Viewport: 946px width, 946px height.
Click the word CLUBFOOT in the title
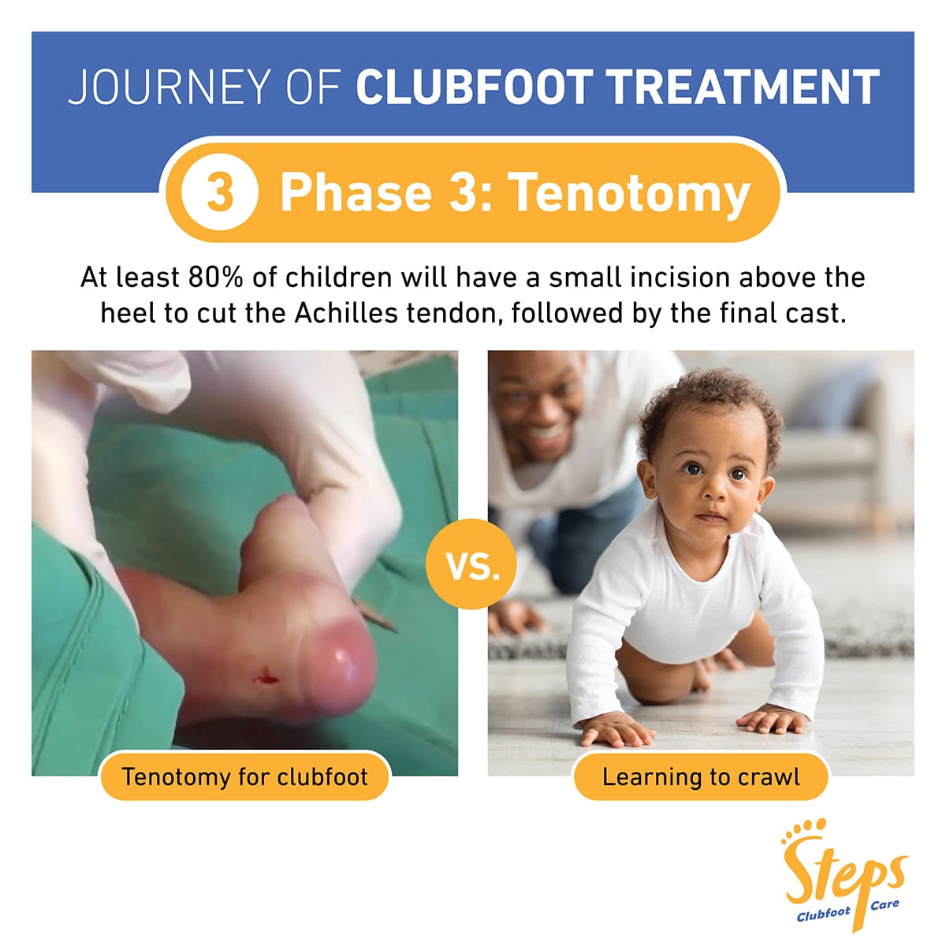pyautogui.click(x=473, y=87)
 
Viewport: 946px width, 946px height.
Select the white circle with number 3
pyautogui.click(x=219, y=192)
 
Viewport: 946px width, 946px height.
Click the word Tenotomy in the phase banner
pyautogui.click(x=628, y=193)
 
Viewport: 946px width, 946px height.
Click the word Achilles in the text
pyautogui.click(x=346, y=313)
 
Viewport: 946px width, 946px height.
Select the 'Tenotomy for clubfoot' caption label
pyautogui.click(x=244, y=777)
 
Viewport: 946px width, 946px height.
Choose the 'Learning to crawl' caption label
pyautogui.click(x=700, y=777)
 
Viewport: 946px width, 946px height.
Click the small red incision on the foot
pyautogui.click(x=265, y=676)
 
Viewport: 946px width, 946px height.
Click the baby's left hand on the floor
pyautogui.click(x=773, y=718)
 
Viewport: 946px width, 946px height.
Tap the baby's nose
pyautogui.click(x=713, y=494)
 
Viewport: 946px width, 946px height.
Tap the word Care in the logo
pyautogui.click(x=885, y=905)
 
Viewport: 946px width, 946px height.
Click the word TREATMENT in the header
pyautogui.click(x=743, y=87)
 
